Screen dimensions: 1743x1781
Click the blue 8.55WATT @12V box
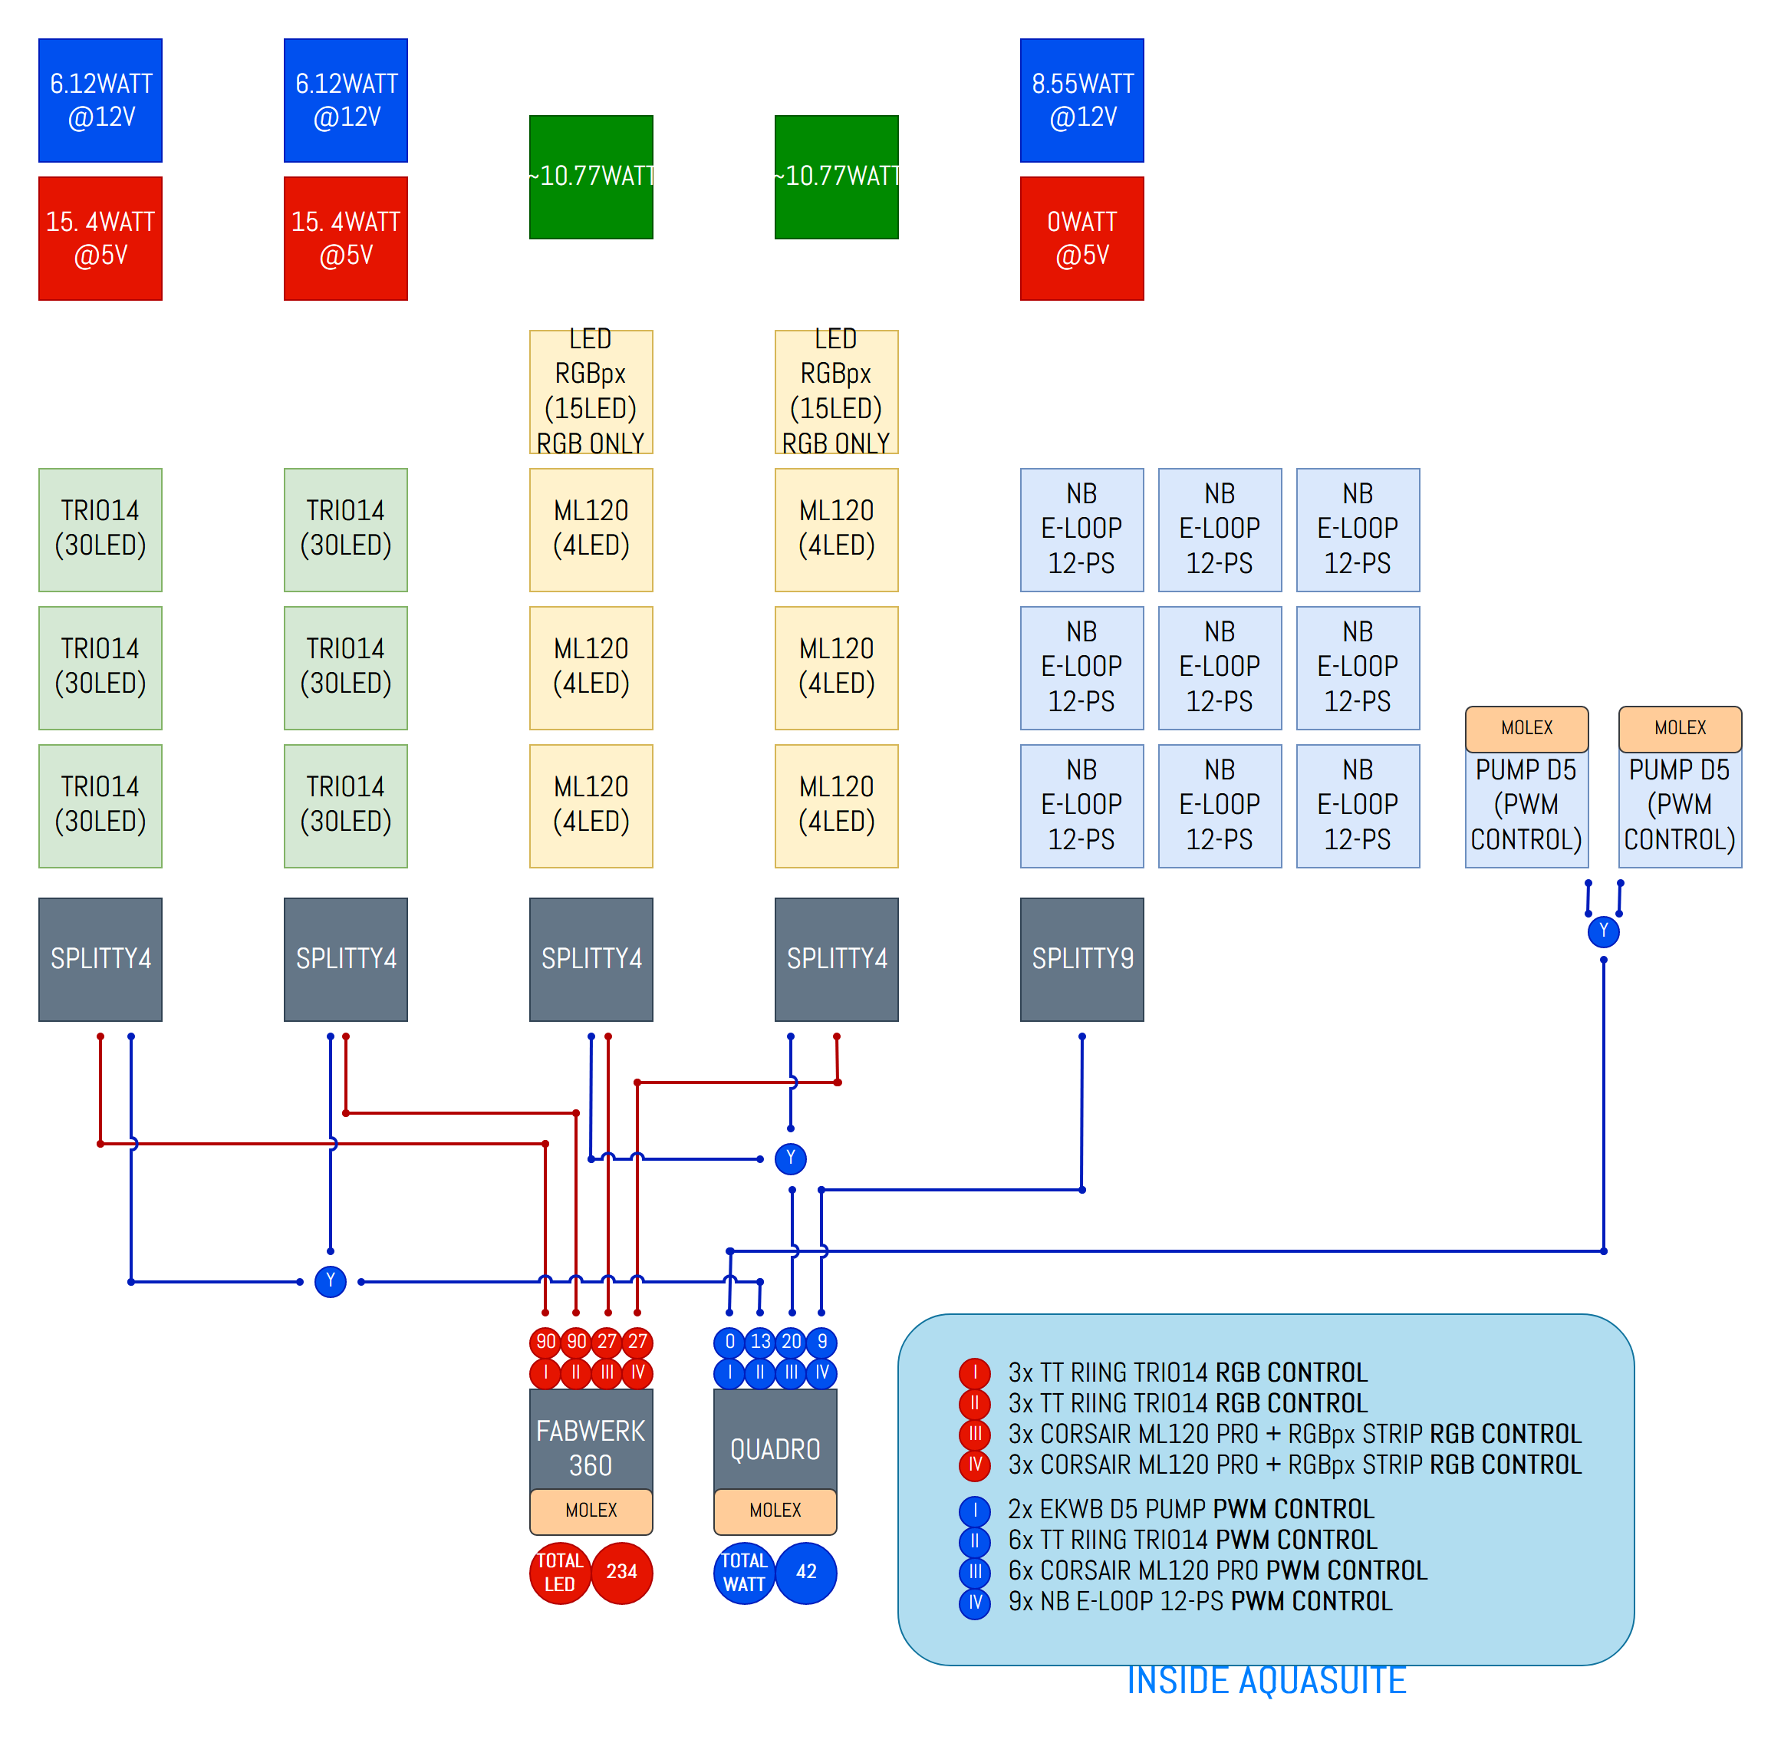click(1081, 100)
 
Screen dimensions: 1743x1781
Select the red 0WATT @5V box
click(1081, 238)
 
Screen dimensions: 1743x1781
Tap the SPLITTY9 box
click(1081, 958)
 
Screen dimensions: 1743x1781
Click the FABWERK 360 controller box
click(591, 1439)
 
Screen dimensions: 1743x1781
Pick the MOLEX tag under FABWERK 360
click(591, 1511)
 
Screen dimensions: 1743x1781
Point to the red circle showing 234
click(621, 1572)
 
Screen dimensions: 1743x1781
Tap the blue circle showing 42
click(805, 1572)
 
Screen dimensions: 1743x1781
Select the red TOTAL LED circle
click(559, 1572)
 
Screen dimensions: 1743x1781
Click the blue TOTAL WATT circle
click(744, 1572)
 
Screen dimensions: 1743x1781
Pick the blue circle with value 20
click(791, 1342)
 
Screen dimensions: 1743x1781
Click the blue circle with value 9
click(822, 1342)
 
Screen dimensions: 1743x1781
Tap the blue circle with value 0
click(729, 1342)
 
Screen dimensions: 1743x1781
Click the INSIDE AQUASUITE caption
click(1266, 1680)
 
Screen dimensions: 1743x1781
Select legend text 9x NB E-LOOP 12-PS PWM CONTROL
click(1199, 1601)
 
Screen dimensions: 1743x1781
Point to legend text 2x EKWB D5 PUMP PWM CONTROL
click(1190, 1509)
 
